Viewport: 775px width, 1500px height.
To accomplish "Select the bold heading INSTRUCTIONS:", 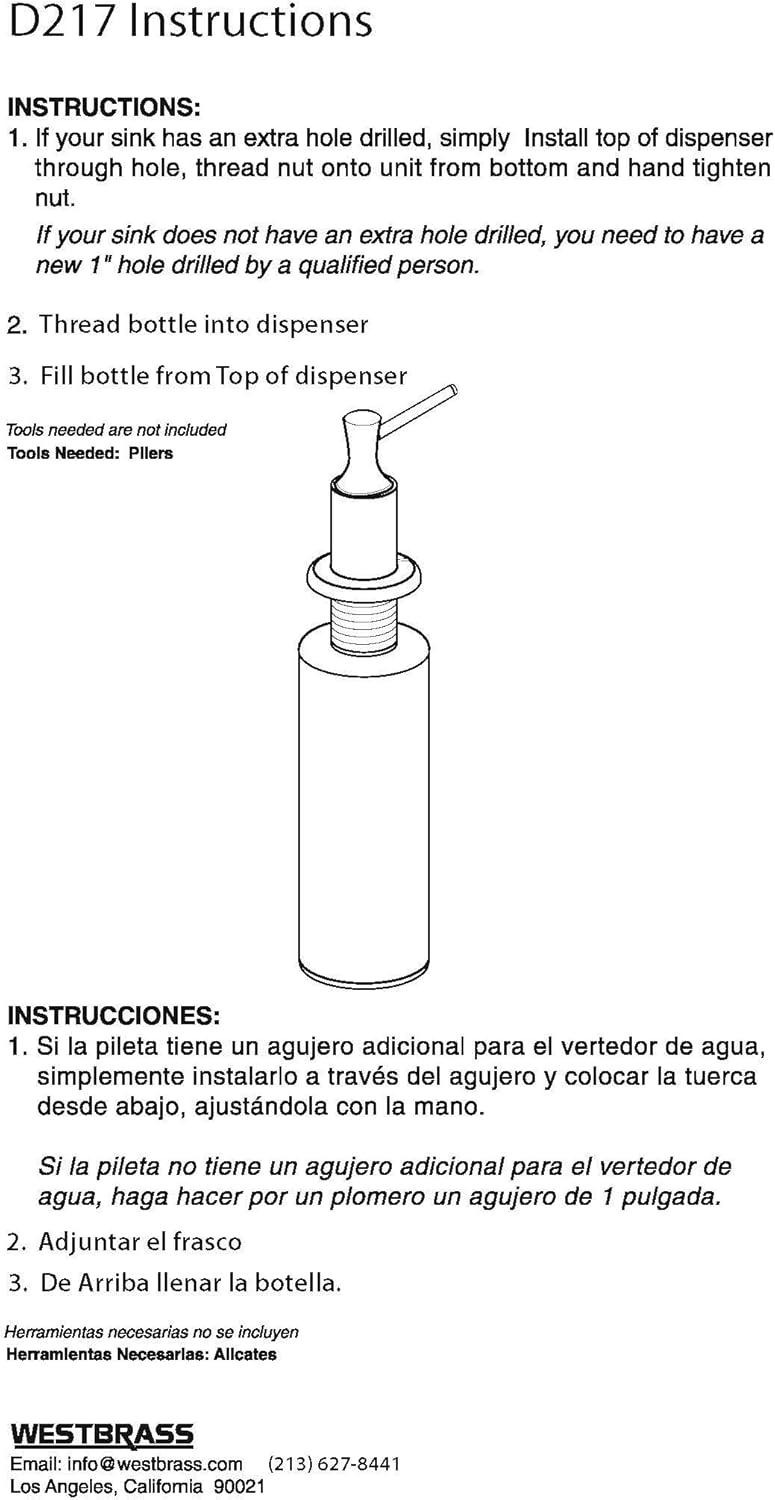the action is pos(104,107).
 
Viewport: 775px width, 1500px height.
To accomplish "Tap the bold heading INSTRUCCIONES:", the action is pos(113,1015).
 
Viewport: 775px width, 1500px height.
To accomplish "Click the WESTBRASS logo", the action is pos(102,1434).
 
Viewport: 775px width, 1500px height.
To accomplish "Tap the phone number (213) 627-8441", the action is pos(334,1464).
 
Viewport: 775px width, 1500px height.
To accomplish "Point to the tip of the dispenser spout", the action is pos(453,387).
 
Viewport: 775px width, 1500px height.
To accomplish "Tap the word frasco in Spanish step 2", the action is pos(206,1242).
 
